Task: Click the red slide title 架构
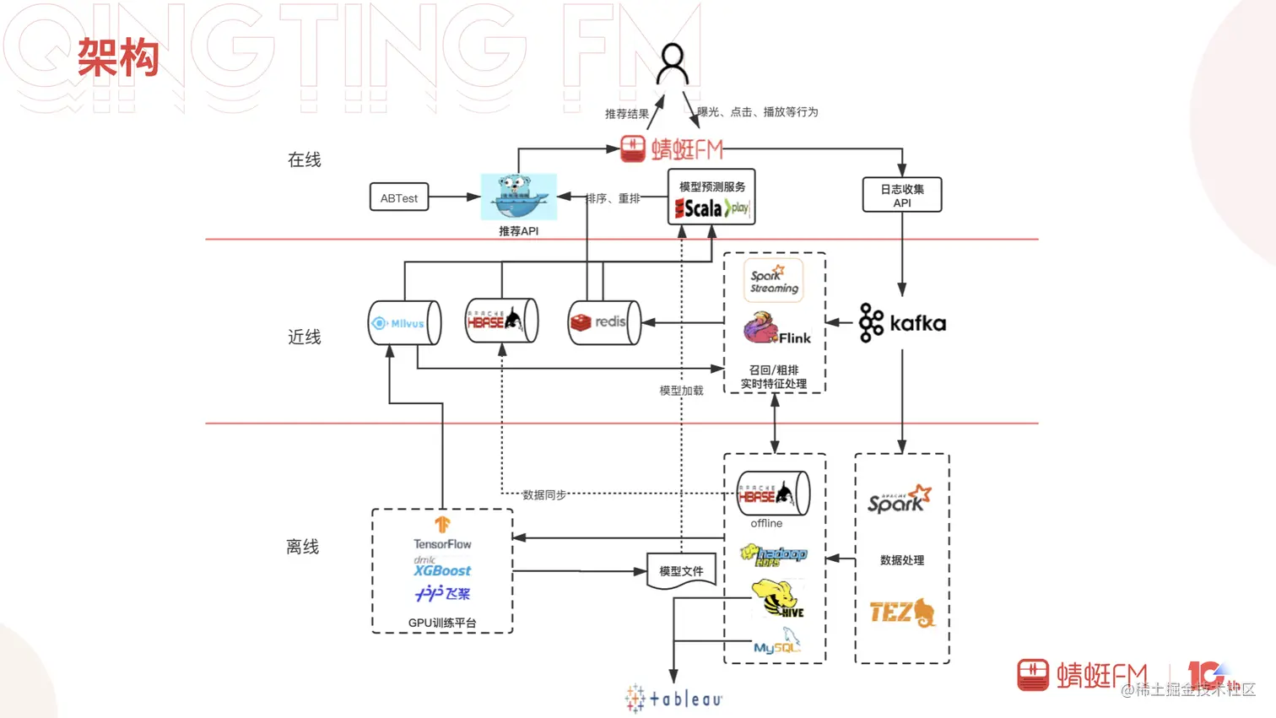(x=118, y=58)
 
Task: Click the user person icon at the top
(x=673, y=65)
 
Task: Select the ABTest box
(x=399, y=198)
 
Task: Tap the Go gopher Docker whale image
(x=518, y=197)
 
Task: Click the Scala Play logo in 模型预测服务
(x=711, y=208)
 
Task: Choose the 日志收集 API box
(x=901, y=195)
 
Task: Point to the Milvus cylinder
(x=404, y=323)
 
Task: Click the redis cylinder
(x=604, y=322)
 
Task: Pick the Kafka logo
(x=902, y=323)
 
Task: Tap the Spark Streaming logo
(x=774, y=280)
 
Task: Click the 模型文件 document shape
(x=681, y=571)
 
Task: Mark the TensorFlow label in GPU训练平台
(x=442, y=543)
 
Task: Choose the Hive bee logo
(x=778, y=599)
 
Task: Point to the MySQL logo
(x=777, y=643)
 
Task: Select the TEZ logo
(x=902, y=613)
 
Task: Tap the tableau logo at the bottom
(x=673, y=699)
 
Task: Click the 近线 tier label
(x=305, y=337)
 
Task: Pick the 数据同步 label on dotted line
(x=544, y=494)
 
